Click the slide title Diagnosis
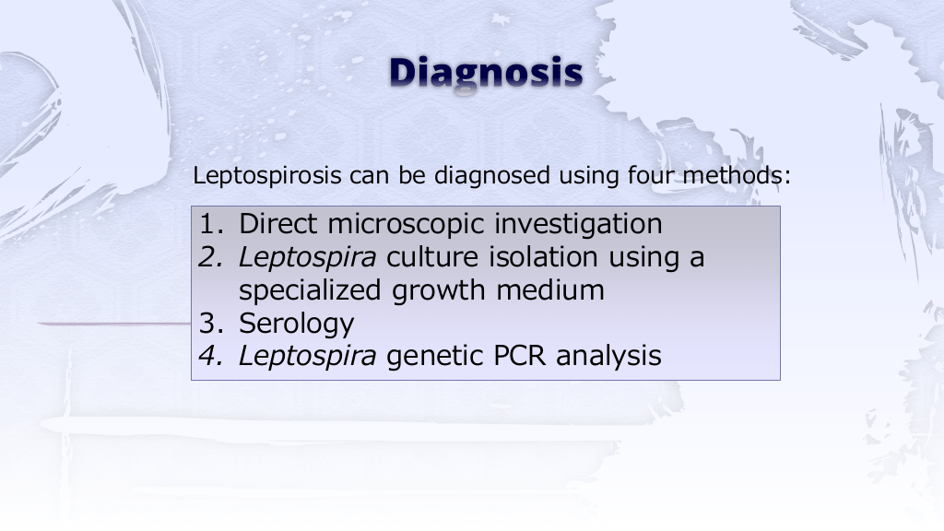click(x=486, y=73)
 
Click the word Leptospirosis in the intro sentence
click(x=266, y=176)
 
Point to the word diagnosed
click(x=492, y=175)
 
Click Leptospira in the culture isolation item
click(x=308, y=258)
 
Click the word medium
click(x=550, y=290)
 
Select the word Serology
click(x=296, y=324)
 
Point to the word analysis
click(x=608, y=357)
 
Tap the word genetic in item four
click(x=435, y=357)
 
